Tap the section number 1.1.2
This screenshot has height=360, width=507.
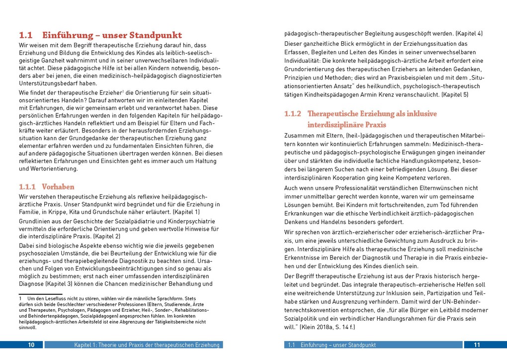293,114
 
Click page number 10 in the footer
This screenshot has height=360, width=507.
31,345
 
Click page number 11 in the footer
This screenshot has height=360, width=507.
476,345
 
